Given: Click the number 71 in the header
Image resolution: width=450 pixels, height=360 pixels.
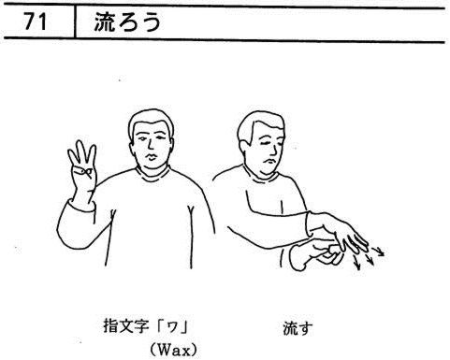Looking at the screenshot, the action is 36,22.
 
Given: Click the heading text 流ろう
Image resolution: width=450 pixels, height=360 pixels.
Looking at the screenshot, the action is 127,22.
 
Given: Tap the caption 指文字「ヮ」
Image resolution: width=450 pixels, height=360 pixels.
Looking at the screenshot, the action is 146,326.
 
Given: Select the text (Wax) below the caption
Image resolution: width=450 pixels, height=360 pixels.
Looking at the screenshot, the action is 174,350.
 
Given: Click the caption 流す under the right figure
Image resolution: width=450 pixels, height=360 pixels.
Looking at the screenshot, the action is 298,328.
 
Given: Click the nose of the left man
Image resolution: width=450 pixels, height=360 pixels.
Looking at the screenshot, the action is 151,145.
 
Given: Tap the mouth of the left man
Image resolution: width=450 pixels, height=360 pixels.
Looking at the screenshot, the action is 151,157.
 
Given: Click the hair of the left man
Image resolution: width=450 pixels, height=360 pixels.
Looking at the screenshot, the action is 151,121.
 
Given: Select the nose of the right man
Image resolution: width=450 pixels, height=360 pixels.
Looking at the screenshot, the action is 274,150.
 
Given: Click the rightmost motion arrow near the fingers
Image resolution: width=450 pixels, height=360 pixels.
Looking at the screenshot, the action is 378,252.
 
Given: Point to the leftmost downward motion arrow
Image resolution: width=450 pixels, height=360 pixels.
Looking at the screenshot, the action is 356,261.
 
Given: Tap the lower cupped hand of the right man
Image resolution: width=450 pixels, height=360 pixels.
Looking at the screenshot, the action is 315,253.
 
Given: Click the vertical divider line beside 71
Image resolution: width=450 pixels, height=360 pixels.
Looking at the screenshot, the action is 75,22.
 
